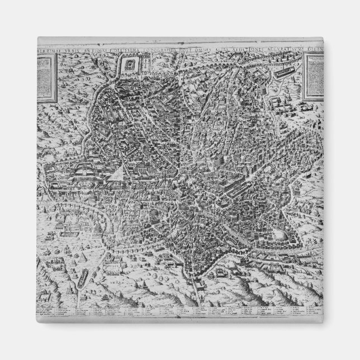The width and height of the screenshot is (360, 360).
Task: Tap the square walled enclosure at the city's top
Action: pos(130,65)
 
